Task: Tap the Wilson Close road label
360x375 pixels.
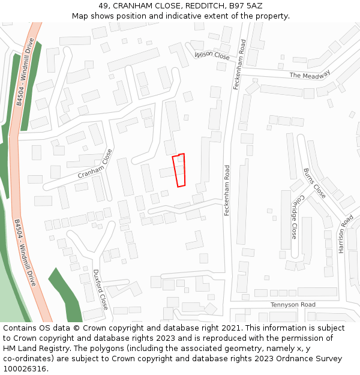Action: tap(212, 56)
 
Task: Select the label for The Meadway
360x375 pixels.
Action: tap(310, 75)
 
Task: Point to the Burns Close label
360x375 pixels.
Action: tap(314, 183)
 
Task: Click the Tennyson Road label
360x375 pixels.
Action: tap(293, 305)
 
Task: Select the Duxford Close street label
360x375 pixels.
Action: tap(100, 289)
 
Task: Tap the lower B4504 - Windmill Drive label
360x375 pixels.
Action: tap(25, 251)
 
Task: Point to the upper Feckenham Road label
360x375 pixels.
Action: tap(238, 65)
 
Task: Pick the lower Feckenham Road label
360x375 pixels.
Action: tap(227, 191)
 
